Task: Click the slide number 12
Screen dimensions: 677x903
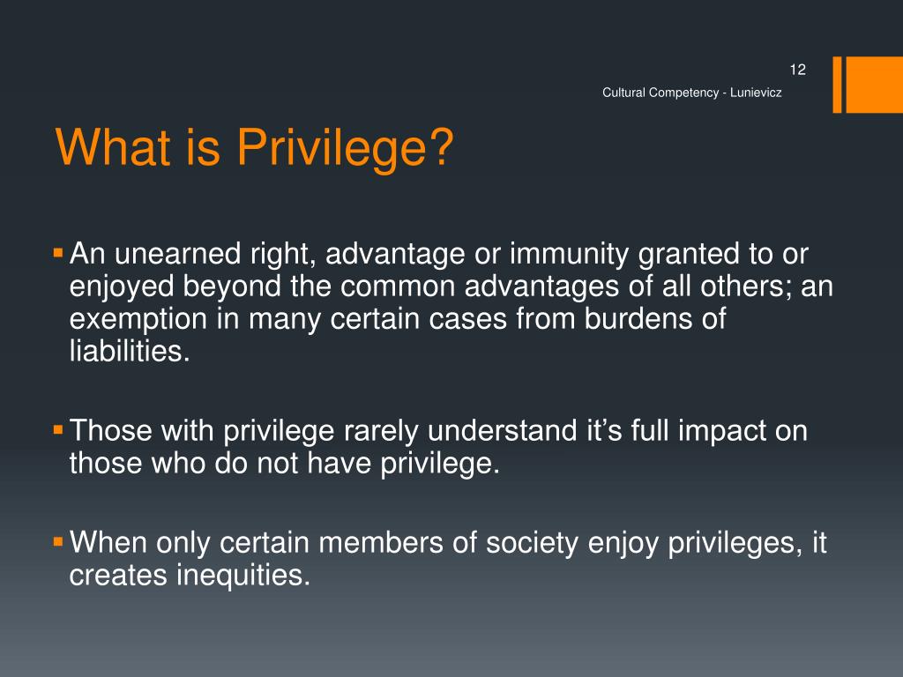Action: click(799, 71)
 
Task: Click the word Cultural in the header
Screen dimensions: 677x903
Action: click(624, 93)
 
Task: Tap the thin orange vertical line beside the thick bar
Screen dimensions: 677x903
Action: click(837, 85)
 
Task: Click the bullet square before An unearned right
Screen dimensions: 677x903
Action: click(58, 254)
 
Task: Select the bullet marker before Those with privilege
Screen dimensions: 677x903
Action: click(58, 431)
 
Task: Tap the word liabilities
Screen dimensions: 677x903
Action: click(129, 352)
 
